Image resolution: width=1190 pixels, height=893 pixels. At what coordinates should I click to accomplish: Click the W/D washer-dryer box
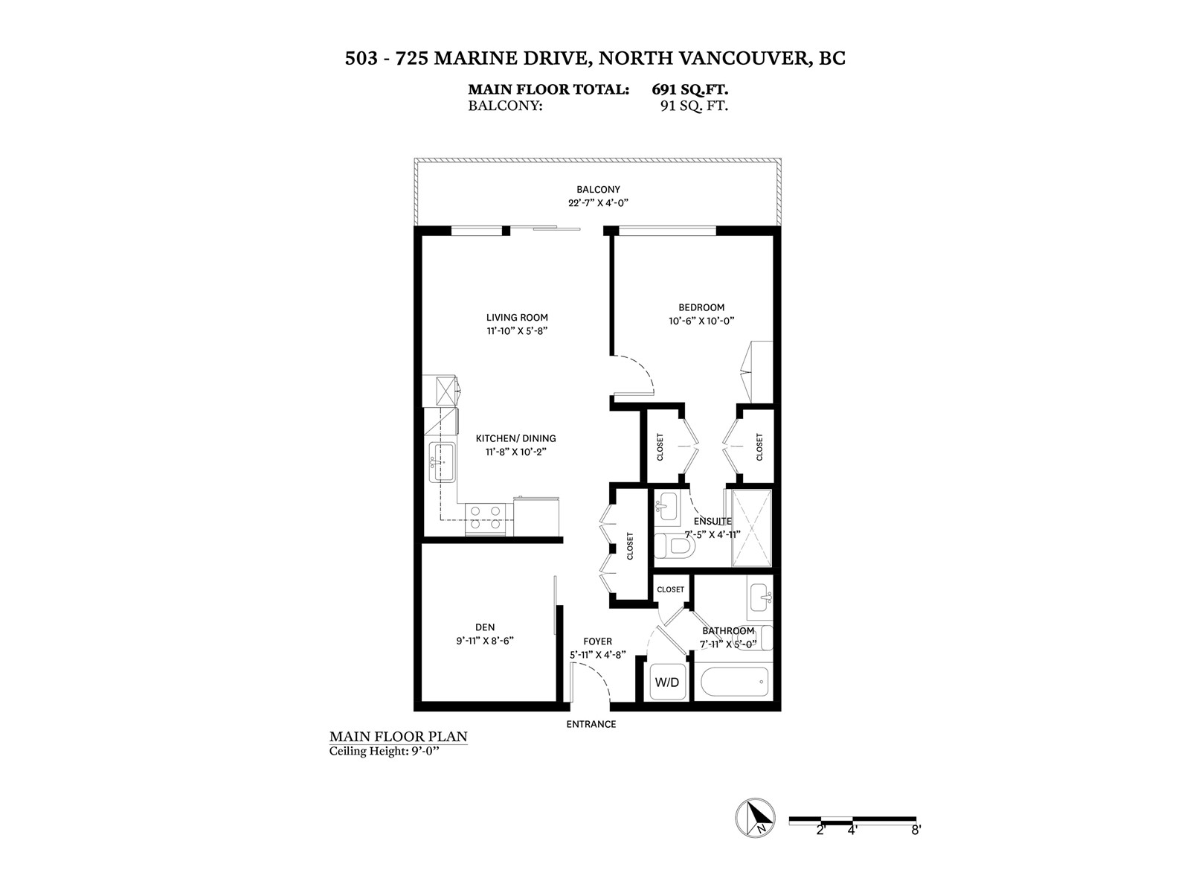pos(667,682)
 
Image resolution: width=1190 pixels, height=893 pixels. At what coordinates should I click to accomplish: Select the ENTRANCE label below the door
pos(591,724)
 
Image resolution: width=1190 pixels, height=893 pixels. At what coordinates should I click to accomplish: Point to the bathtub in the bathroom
pos(734,682)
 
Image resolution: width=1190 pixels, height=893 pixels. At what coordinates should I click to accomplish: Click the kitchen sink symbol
pos(442,462)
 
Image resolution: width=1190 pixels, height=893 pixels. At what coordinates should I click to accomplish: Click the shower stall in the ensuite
pos(751,528)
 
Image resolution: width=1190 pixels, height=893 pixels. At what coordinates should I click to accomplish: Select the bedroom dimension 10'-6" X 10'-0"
pos(701,321)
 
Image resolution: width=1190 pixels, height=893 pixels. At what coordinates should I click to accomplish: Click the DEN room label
pos(485,627)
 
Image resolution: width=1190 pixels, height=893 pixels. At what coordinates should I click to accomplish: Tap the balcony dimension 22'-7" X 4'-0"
pos(597,202)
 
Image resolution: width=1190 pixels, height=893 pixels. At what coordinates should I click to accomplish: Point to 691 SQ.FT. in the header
pos(689,89)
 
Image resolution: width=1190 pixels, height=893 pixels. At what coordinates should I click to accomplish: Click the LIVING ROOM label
pos(517,318)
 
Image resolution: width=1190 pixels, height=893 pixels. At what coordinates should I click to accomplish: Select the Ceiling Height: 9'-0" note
pos(384,752)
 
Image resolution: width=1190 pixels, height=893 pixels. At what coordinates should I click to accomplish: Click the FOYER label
pos(597,641)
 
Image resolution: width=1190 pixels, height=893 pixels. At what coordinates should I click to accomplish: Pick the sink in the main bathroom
pos(760,598)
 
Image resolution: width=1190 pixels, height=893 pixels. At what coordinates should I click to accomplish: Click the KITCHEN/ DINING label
pos(515,438)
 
